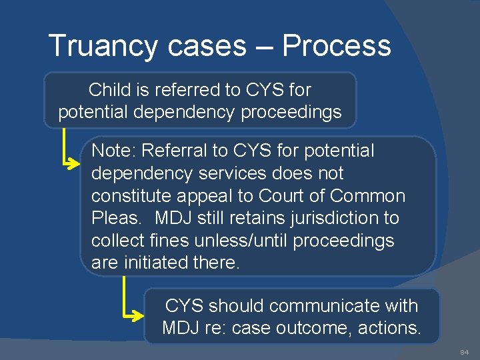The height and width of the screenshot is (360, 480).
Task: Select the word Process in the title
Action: [x=336, y=46]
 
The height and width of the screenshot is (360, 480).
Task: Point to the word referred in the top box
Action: [x=178, y=89]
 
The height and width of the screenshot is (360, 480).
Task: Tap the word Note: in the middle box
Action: [x=114, y=151]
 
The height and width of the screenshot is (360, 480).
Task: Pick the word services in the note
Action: [x=227, y=173]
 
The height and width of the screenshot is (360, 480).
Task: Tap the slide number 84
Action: [x=464, y=351]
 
